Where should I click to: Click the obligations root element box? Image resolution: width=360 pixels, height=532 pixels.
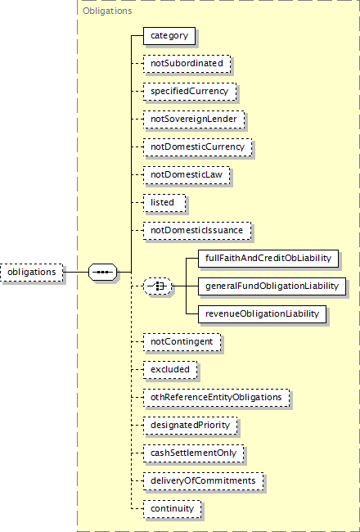[32, 272]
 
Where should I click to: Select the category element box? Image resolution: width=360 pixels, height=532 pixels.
[169, 36]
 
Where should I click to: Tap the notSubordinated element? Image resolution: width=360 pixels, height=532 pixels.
[187, 64]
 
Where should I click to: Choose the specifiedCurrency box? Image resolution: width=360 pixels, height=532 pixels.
[190, 92]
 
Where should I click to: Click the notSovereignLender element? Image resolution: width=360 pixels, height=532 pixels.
[194, 119]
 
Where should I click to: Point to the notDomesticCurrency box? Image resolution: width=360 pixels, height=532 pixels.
[198, 147]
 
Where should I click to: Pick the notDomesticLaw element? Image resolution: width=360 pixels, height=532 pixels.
[187, 174]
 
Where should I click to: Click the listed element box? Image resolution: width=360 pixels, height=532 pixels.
[164, 202]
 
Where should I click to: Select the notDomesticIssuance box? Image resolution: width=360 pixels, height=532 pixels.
[197, 230]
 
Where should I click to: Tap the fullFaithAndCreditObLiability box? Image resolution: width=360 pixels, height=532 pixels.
[268, 258]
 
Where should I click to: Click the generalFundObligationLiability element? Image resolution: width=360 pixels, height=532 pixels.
[272, 286]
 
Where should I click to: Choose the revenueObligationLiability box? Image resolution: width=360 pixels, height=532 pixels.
[263, 313]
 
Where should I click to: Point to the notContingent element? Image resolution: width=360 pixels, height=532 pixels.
[182, 341]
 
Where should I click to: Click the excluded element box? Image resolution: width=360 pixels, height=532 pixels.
[170, 369]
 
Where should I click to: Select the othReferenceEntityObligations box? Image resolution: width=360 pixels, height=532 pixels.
[217, 397]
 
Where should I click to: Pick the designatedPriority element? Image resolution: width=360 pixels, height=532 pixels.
[191, 425]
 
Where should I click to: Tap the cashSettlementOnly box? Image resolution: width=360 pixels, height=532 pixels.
[193, 453]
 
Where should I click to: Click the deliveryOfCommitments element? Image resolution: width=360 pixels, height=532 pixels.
[203, 480]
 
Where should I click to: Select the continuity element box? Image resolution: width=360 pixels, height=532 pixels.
[172, 508]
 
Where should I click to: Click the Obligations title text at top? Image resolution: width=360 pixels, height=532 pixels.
[107, 11]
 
